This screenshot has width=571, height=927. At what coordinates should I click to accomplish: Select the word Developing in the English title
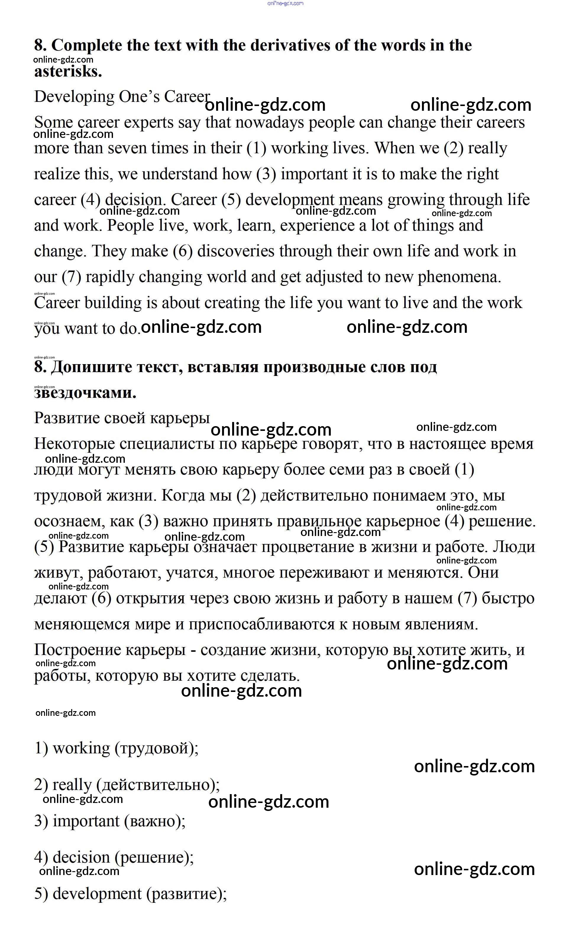click(74, 97)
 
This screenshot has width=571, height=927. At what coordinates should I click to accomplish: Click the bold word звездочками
click(85, 393)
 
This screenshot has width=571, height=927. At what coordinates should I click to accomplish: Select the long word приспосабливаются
click(261, 625)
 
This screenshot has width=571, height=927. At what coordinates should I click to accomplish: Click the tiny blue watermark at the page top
click(285, 3)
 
